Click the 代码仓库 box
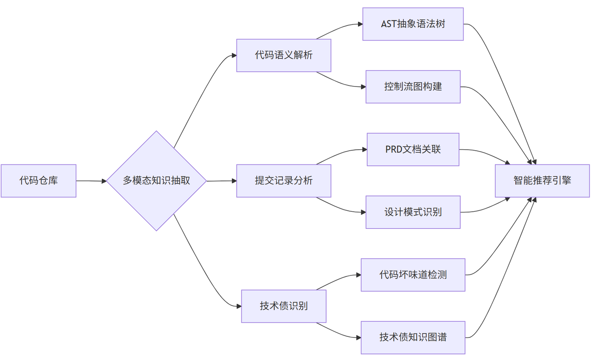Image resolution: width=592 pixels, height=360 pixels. point(38,181)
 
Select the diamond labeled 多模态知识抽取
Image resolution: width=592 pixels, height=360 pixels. point(156,181)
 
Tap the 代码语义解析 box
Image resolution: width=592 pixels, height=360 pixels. point(284,55)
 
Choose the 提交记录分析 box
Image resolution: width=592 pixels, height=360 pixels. point(284,181)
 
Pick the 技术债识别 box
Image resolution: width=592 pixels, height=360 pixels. point(284,306)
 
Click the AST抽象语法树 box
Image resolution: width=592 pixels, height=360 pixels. point(413,24)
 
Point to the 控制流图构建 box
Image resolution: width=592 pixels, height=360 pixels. point(413,86)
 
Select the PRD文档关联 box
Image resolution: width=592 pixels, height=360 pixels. point(413,149)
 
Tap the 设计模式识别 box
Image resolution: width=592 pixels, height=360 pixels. point(413,212)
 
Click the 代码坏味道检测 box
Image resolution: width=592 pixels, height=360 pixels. point(413,275)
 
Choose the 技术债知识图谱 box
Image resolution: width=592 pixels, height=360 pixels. point(413,337)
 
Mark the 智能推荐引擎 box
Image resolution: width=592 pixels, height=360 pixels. point(542,181)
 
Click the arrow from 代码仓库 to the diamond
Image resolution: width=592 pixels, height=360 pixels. point(91,181)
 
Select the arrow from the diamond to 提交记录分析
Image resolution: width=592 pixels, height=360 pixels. point(221,181)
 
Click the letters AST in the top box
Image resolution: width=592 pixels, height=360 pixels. point(389,24)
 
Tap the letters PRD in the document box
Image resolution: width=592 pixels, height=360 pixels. point(394,149)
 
